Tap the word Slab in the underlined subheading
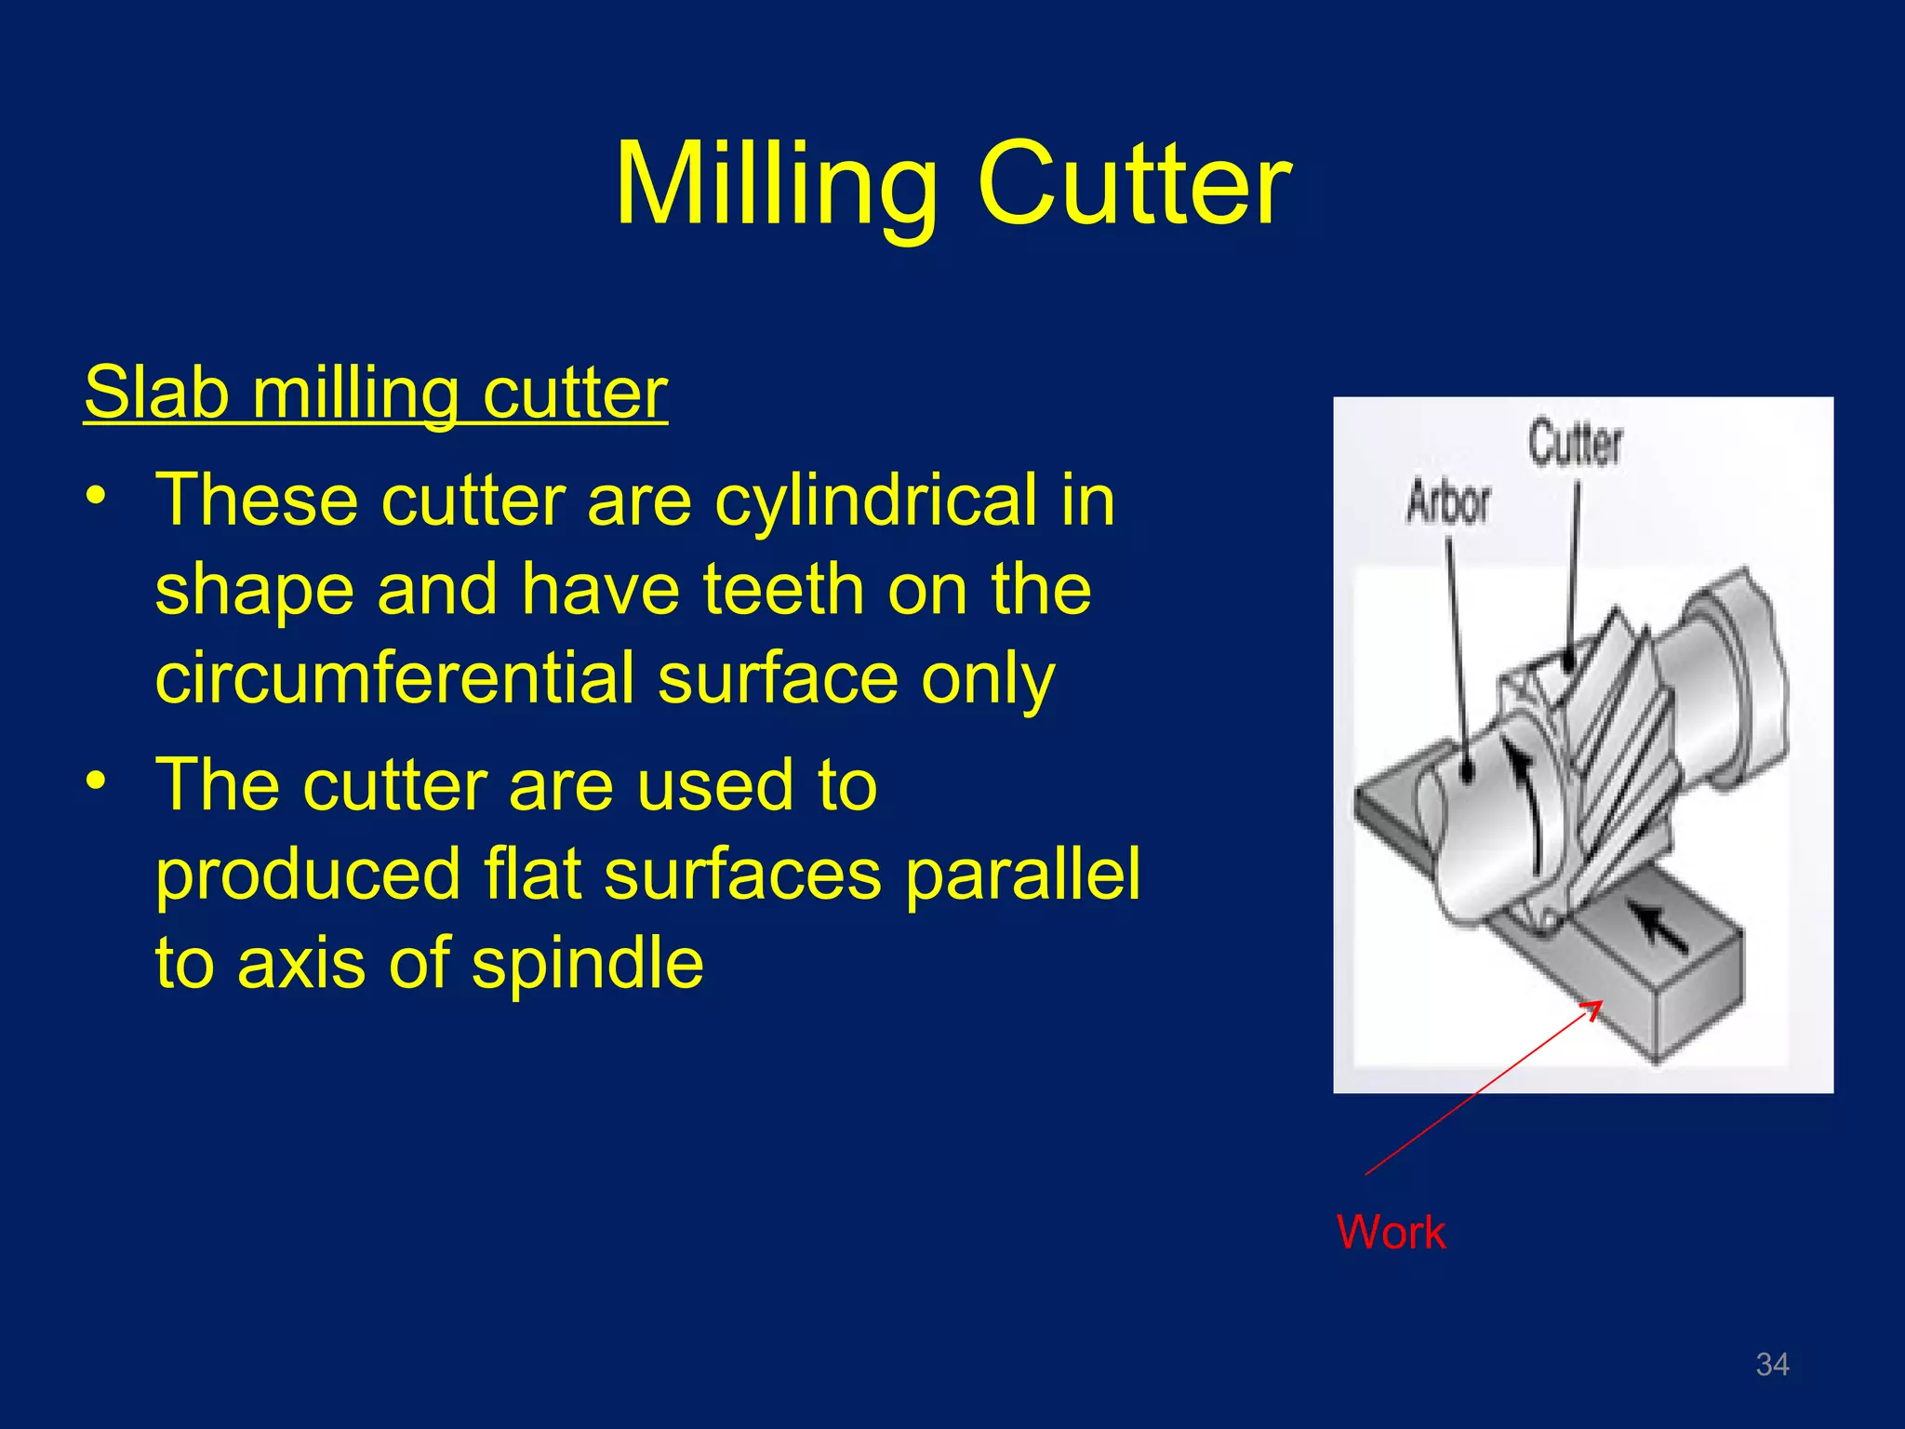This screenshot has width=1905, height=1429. [156, 393]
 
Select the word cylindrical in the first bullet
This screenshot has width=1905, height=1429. [875, 501]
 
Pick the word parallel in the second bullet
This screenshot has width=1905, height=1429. [1022, 875]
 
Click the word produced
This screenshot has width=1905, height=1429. [308, 875]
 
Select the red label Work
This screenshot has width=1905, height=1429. [1390, 1232]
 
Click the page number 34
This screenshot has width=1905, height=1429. [1771, 1364]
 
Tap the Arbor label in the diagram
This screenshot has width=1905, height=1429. [1447, 502]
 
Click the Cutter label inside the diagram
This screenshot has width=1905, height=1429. [1574, 443]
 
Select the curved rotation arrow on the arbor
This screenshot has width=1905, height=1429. [1527, 800]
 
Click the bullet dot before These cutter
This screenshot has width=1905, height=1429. [95, 496]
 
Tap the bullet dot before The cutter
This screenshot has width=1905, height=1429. [95, 781]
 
